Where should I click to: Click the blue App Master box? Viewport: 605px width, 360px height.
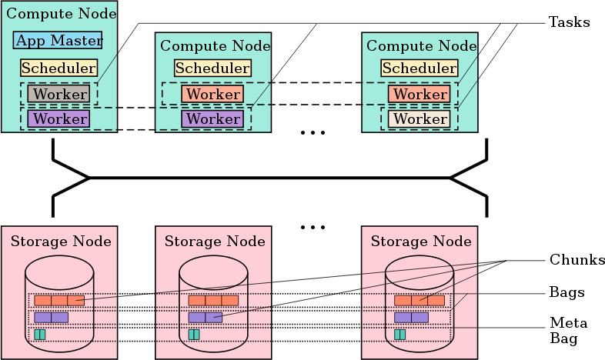[58, 41]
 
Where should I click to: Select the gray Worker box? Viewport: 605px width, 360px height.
[58, 94]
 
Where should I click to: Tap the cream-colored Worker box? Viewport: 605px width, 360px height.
[419, 119]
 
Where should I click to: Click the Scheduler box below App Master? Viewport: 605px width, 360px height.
[58, 68]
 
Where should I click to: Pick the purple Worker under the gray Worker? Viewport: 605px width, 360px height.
[58, 119]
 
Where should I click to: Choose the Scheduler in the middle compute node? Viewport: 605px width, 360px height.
[212, 68]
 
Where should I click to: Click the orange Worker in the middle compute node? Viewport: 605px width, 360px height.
[212, 94]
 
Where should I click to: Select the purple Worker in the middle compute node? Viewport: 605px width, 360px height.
[212, 119]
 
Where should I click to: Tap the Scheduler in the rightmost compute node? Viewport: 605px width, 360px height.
[419, 68]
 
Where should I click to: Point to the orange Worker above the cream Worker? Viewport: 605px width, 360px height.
[419, 94]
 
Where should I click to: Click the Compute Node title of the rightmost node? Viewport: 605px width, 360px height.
[421, 46]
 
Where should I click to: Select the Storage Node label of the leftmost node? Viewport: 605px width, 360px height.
[61, 242]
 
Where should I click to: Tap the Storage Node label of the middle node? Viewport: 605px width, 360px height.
[215, 242]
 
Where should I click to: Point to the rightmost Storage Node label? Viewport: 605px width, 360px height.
[421, 242]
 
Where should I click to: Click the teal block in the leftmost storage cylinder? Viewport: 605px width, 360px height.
[40, 334]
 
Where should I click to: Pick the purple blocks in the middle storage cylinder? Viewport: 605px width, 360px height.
[206, 317]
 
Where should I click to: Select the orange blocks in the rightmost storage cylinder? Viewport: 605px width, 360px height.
[419, 300]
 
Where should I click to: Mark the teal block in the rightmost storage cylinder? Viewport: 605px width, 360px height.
[400, 334]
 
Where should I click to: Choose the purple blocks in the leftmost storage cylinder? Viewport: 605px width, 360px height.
[52, 317]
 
